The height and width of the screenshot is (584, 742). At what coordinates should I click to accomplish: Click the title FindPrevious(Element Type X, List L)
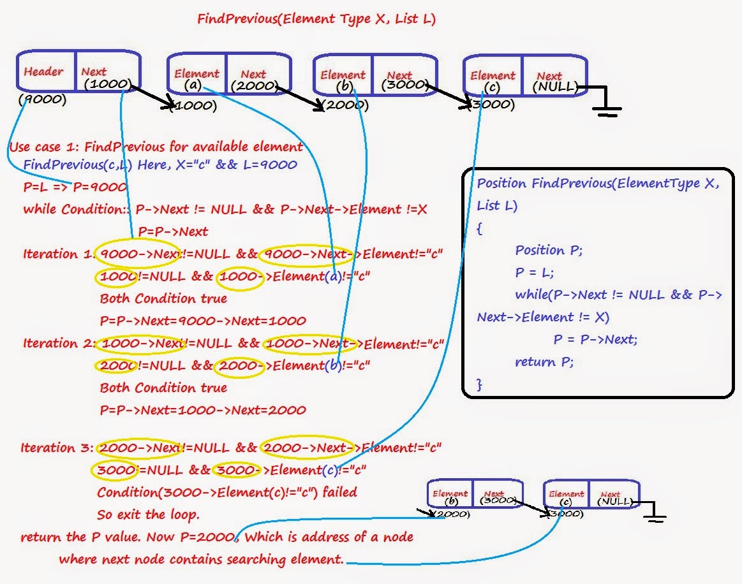pyautogui.click(x=316, y=19)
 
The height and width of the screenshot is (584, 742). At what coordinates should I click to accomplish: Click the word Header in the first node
pyautogui.click(x=43, y=71)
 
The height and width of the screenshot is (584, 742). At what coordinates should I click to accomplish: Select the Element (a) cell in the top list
pyautogui.click(x=195, y=78)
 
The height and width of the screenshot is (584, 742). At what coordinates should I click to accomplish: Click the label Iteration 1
pyautogui.click(x=57, y=254)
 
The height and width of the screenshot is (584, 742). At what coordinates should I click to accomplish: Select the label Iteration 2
pyautogui.click(x=57, y=343)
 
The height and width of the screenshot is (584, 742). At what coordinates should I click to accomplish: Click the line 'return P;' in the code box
pyautogui.click(x=544, y=362)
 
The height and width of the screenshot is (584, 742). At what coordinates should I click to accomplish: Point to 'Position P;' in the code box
pyautogui.click(x=549, y=250)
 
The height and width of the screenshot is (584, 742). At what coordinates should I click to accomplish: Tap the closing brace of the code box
pyautogui.click(x=480, y=384)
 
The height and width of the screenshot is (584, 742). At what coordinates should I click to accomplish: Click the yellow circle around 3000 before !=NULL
pyautogui.click(x=115, y=471)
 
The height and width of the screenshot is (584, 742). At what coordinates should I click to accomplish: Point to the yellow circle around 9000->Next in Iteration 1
pyautogui.click(x=137, y=254)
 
